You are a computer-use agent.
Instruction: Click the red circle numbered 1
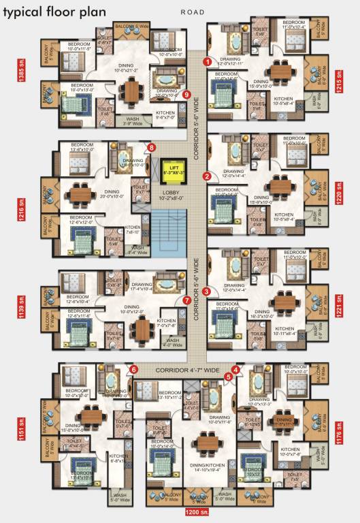click(206, 61)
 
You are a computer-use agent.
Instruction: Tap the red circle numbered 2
click(206, 176)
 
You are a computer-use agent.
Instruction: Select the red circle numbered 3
click(206, 291)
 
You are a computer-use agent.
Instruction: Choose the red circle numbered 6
click(133, 369)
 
